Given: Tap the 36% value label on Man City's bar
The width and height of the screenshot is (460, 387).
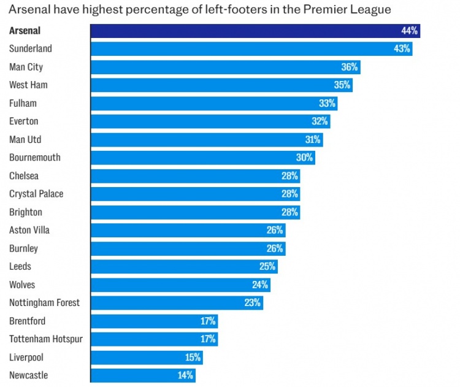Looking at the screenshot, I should pos(350,67).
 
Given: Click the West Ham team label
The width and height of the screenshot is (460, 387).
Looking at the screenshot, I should pos(28,85).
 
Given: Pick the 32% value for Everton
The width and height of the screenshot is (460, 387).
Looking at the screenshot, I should pos(320,121).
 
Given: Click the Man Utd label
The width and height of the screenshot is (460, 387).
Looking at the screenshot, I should pos(26,139).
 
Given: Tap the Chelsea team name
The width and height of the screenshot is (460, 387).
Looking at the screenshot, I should pos(24,176).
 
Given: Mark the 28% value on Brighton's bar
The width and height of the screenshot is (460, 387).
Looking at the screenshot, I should pos(290,212).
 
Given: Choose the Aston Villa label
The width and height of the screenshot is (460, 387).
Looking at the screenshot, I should pos(29,230).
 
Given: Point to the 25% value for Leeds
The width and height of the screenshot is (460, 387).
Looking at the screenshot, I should pos(267,267).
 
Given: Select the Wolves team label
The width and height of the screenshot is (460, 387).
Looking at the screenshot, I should pos(22,285).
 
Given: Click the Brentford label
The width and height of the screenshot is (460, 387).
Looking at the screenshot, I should pos(27,321).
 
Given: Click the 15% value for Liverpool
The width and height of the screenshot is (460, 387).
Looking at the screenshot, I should pos(193,358).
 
